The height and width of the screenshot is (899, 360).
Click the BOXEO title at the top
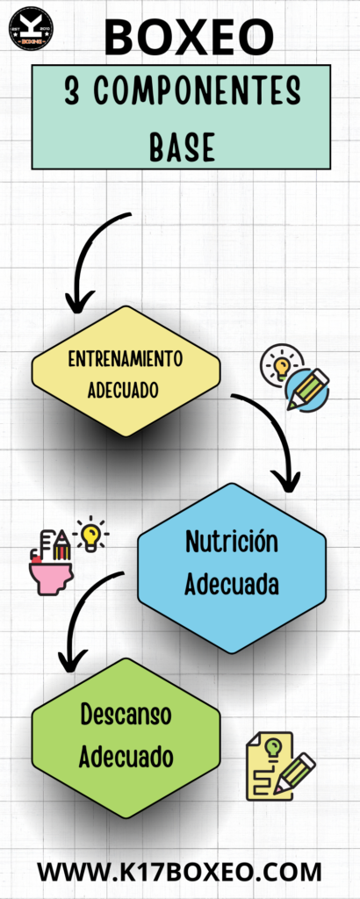pos(189,37)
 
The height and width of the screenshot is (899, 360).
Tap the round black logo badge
pos(32,28)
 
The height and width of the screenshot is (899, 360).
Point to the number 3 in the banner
pos(72,91)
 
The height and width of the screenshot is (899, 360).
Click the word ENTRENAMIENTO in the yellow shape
pos(126,359)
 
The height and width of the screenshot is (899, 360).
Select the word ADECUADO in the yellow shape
pos(123,391)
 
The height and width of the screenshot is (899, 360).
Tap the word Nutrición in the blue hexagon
pos(232,541)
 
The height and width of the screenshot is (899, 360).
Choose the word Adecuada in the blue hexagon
pos(232,585)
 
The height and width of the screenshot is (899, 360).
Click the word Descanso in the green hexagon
pos(126,715)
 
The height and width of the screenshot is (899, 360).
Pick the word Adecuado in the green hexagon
pos(126,756)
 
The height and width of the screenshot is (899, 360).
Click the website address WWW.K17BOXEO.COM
pos(179,872)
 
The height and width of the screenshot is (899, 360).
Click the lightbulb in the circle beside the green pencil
pos(280,363)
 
